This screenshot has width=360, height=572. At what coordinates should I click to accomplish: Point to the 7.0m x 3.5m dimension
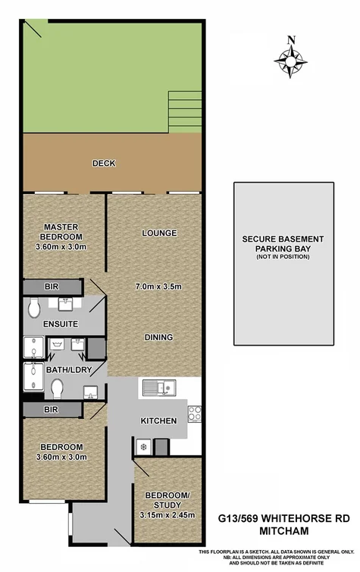pyautogui.click(x=158, y=286)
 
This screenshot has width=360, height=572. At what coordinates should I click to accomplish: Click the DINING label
pyautogui.click(x=158, y=337)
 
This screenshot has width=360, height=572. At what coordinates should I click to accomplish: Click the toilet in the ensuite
pyautogui.click(x=33, y=308)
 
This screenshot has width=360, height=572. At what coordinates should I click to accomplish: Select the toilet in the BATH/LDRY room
pyautogui.click(x=58, y=388)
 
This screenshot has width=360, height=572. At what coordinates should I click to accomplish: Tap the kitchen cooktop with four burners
pyautogui.click(x=194, y=414)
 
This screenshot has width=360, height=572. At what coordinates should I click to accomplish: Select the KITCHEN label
pyautogui.click(x=159, y=420)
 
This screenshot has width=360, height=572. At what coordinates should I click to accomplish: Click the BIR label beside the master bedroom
pyautogui.click(x=51, y=287)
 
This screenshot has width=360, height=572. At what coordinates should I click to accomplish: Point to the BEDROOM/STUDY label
pyautogui.click(x=167, y=501)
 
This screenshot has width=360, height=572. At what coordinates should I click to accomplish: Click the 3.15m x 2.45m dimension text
pyautogui.click(x=167, y=515)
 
